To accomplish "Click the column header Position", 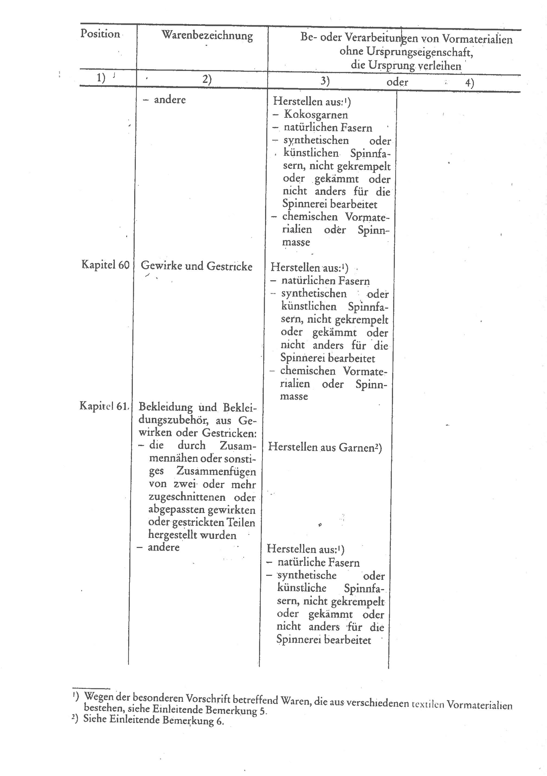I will (x=100, y=34).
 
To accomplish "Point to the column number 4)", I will (x=469, y=83).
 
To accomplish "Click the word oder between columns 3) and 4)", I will (x=397, y=82).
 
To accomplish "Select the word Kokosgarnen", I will (x=316, y=115).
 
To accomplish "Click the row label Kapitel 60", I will (x=105, y=265).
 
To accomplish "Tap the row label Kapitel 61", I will (x=104, y=406).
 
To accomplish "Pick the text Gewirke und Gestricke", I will (x=196, y=266).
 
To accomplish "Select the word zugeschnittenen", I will (x=187, y=497).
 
